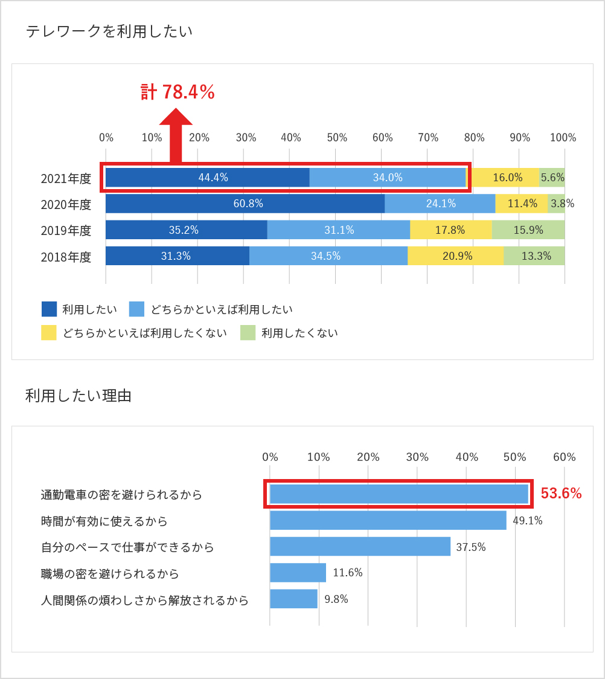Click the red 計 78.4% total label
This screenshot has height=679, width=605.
(178, 92)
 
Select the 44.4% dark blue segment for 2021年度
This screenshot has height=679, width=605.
(207, 178)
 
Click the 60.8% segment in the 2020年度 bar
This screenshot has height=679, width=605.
(245, 204)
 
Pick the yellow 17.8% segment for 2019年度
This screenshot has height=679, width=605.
(450, 230)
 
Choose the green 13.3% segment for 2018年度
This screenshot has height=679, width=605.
(534, 256)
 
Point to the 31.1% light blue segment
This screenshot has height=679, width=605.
(339, 230)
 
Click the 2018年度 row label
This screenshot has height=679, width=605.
(66, 257)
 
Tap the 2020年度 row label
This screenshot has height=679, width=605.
(66, 204)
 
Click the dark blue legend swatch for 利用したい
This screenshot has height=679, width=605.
(49, 309)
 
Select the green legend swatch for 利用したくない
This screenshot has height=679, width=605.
(248, 333)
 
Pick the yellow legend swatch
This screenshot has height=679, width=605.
(49, 333)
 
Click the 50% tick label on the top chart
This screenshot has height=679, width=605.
(336, 138)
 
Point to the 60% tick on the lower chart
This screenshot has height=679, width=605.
(564, 457)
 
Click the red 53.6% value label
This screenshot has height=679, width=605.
(561, 494)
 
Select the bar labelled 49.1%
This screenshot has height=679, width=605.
(388, 520)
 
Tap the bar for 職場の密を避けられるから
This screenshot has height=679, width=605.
(298, 573)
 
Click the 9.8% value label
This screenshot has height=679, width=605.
(336, 599)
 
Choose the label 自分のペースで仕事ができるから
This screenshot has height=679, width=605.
(127, 547)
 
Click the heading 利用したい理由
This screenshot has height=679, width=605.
(78, 396)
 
